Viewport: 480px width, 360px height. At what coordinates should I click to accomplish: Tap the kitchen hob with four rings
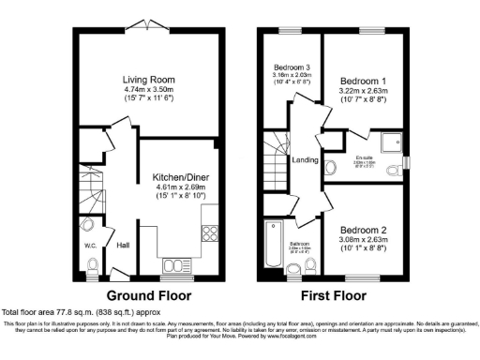point(211,236)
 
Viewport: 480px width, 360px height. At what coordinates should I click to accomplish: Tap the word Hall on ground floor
point(122,246)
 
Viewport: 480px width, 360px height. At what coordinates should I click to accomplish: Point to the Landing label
point(306,159)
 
